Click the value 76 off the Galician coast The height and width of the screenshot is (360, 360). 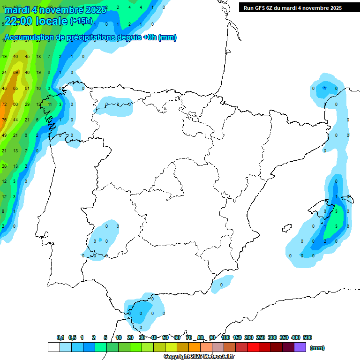click(4, 120)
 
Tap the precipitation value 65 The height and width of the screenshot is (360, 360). click(15, 88)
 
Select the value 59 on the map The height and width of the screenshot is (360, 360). click(15, 72)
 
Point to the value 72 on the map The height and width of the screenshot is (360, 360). click(4, 104)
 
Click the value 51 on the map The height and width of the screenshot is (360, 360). click(27, 88)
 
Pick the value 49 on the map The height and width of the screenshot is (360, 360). click(4, 135)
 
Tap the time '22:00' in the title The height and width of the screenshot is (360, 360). click(18, 21)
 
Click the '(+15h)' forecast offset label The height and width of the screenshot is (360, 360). click(81, 21)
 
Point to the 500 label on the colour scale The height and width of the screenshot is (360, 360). click(307, 337)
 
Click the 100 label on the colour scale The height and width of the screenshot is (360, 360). click(225, 337)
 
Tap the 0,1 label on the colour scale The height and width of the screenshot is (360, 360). click(60, 337)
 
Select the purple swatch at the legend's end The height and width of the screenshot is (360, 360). click(300, 347)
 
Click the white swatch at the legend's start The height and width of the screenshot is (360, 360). click(53, 347)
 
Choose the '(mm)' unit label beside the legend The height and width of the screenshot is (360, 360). click(318, 348)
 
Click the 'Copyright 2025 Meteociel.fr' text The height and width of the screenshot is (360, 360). click(199, 357)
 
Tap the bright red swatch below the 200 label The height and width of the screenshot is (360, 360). click(253, 347)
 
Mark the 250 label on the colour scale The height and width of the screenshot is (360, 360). click(261, 337)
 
